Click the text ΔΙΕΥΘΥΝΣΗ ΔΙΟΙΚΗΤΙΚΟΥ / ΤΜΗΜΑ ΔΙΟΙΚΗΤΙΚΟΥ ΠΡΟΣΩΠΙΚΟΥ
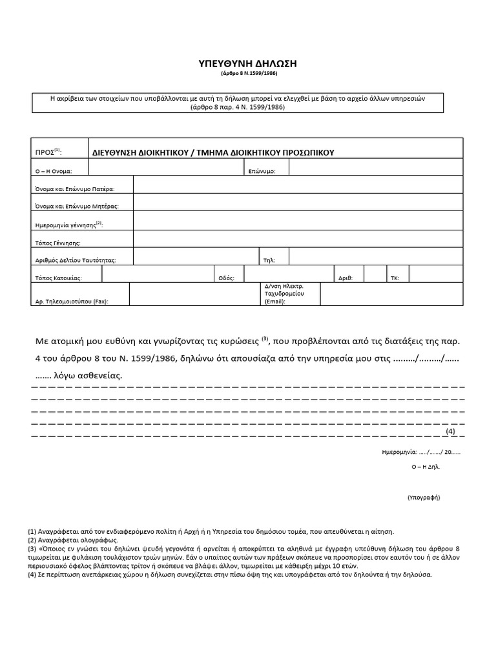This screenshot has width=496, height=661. tap(214, 152)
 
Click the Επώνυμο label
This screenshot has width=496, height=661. tap(262, 171)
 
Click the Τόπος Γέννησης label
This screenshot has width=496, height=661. tap(57, 243)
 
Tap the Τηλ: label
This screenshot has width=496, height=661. tap(269, 260)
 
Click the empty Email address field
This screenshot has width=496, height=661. tap(391, 294)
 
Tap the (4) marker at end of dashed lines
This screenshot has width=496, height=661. tap(450, 431)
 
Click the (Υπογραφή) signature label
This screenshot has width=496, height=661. tap(423, 498)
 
